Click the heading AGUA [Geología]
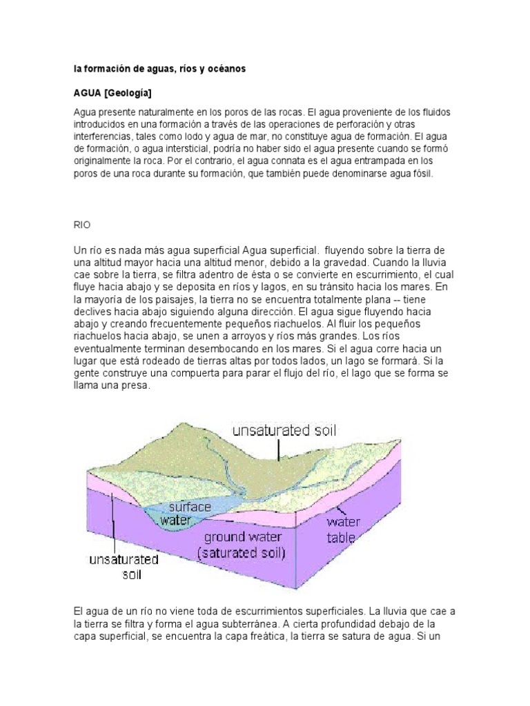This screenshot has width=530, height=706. pyautogui.click(x=113, y=93)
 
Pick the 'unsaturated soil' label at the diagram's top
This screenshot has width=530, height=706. pyautogui.click(x=284, y=432)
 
